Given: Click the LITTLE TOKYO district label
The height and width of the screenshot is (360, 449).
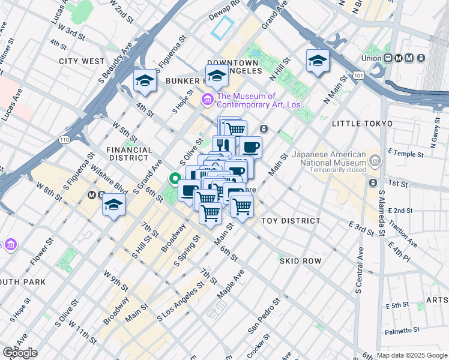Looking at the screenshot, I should click(362, 123).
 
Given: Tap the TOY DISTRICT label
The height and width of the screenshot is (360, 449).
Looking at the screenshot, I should click(291, 221).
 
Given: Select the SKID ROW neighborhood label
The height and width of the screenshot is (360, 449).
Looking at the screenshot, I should click(300, 261).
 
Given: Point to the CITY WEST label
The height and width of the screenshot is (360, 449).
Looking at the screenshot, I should click(82, 61).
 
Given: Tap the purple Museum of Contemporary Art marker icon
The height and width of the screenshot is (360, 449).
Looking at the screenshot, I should click(208, 99).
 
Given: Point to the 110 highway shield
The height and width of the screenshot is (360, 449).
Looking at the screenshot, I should click(63, 140).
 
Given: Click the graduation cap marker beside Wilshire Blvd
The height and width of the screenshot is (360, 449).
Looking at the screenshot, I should click(113, 205).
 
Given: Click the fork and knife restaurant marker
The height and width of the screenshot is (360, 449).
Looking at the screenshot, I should click(223, 145).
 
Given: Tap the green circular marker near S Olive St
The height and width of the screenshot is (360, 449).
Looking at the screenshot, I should click(175, 178).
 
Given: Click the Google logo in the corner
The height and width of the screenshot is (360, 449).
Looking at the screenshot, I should click(20, 353).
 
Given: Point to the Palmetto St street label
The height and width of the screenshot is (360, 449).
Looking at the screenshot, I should click(403, 331).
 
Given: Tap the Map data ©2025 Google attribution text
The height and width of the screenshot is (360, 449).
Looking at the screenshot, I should click(412, 355).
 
